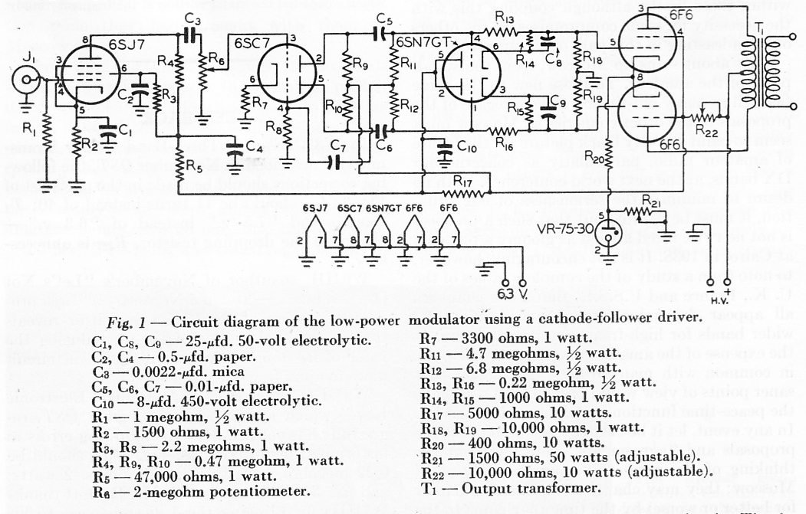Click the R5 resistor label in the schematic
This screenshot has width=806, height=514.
(x=196, y=164)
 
